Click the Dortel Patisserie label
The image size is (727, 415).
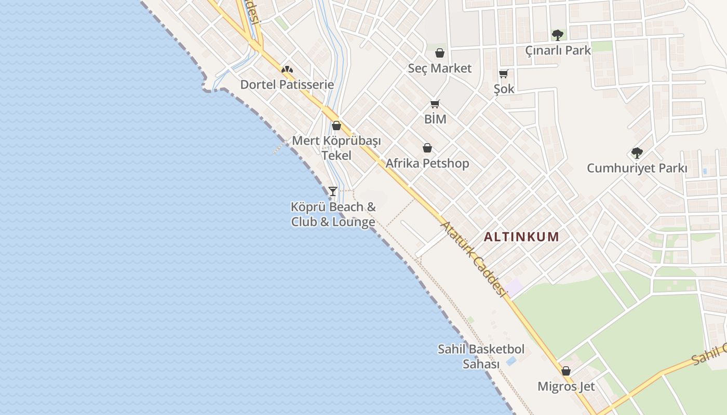point(287,85)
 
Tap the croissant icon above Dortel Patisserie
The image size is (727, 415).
point(287,69)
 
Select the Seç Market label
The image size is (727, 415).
point(439,68)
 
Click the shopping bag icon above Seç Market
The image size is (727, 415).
point(439,53)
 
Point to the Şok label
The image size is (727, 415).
point(504,89)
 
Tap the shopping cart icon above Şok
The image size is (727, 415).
point(503,74)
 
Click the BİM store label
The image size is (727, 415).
point(435,119)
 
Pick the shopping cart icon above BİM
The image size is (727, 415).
point(435,104)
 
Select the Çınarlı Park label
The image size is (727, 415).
point(558,50)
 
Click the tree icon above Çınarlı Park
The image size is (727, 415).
point(558,35)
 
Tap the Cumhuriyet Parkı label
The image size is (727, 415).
point(637,169)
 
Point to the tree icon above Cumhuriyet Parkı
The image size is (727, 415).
point(637,153)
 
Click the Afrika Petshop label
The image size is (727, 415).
point(427,163)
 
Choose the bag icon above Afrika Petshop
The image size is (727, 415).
point(427,148)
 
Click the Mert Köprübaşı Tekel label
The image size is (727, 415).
point(336,148)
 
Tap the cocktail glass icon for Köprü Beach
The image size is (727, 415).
point(333,191)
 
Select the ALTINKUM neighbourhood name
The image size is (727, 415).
point(521,237)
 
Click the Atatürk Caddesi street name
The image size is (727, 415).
point(473,259)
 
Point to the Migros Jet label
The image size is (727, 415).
point(566,386)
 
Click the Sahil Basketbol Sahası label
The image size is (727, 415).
point(481,356)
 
